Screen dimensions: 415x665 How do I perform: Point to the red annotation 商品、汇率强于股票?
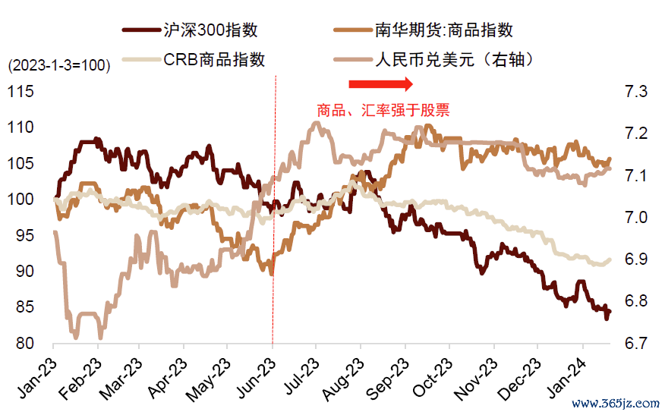[x=383, y=111]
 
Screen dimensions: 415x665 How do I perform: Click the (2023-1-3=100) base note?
[x=58, y=66]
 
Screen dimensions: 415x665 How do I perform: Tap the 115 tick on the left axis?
[x=20, y=92]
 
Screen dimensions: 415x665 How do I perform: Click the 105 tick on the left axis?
[x=20, y=164]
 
